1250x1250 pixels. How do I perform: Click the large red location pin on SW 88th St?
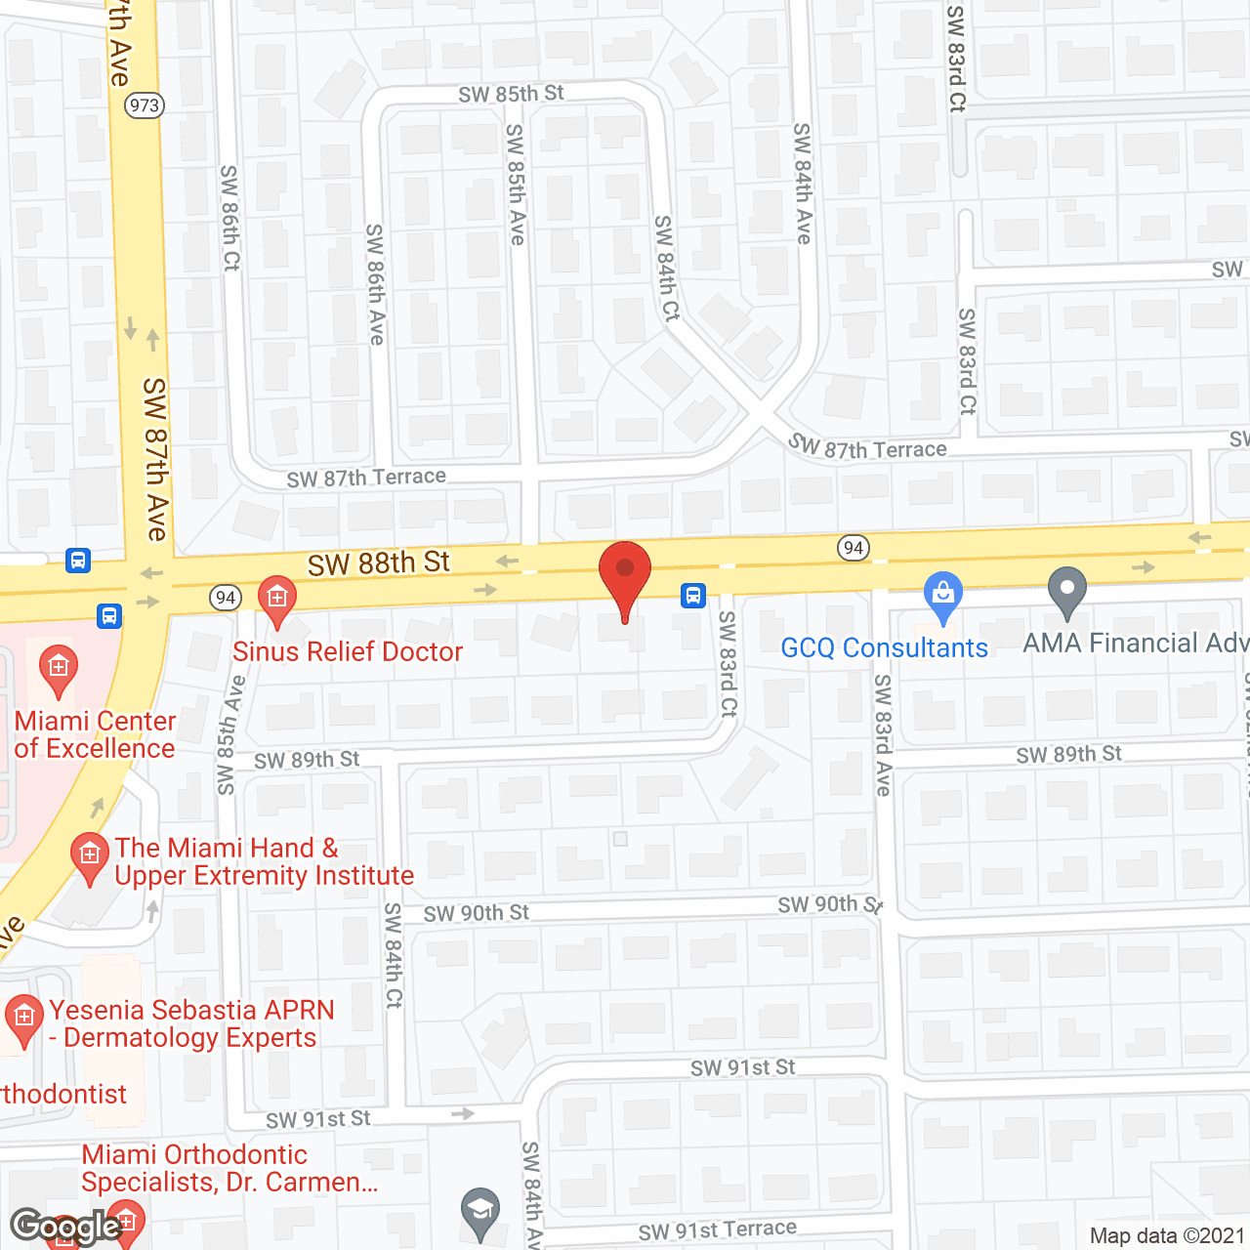[624, 576]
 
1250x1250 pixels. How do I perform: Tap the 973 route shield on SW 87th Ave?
[145, 105]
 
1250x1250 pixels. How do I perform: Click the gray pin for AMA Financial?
[1066, 591]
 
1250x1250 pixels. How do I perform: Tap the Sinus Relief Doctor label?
[348, 652]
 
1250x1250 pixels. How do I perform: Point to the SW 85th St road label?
[511, 94]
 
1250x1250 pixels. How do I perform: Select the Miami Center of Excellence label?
[95, 734]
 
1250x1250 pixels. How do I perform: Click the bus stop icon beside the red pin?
[693, 595]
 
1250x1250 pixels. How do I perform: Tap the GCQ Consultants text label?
[884, 648]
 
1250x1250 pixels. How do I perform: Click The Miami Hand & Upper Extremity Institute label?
[264, 861]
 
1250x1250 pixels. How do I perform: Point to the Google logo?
[65, 1227]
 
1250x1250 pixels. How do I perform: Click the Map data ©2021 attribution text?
[1167, 1236]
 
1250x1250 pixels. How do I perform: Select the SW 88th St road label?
[379, 563]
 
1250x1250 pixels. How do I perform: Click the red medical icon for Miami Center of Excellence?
[59, 670]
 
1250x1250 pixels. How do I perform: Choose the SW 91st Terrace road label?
[717, 1230]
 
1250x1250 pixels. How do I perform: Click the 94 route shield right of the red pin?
[854, 548]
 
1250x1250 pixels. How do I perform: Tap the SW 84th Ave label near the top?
[803, 183]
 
